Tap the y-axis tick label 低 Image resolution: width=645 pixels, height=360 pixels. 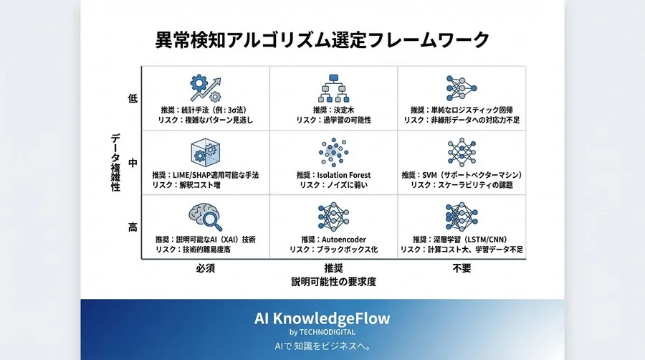pyautogui.click(x=133, y=98)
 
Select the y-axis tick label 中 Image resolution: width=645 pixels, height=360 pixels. pyautogui.click(x=133, y=164)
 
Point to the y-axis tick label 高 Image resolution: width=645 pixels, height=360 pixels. pyautogui.click(x=133, y=227)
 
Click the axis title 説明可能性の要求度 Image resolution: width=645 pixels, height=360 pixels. pyautogui.click(x=333, y=282)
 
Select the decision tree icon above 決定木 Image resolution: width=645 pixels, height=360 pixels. pyautogui.click(x=333, y=87)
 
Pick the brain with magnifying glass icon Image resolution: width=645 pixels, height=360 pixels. pyautogui.click(x=205, y=217)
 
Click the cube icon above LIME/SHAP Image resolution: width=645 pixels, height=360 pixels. pyautogui.click(x=206, y=153)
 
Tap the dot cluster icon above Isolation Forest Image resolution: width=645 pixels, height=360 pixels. pyautogui.click(x=333, y=153)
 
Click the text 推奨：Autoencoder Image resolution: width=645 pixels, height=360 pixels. pyautogui.click(x=333, y=239)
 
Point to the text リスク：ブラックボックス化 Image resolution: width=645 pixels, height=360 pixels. pyautogui.click(x=333, y=249)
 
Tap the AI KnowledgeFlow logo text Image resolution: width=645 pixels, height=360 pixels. pyautogui.click(x=322, y=318)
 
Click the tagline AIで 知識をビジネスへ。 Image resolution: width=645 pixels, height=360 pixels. pyautogui.click(x=322, y=346)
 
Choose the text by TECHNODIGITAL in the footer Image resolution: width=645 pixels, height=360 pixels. pyautogui.click(x=322, y=332)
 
